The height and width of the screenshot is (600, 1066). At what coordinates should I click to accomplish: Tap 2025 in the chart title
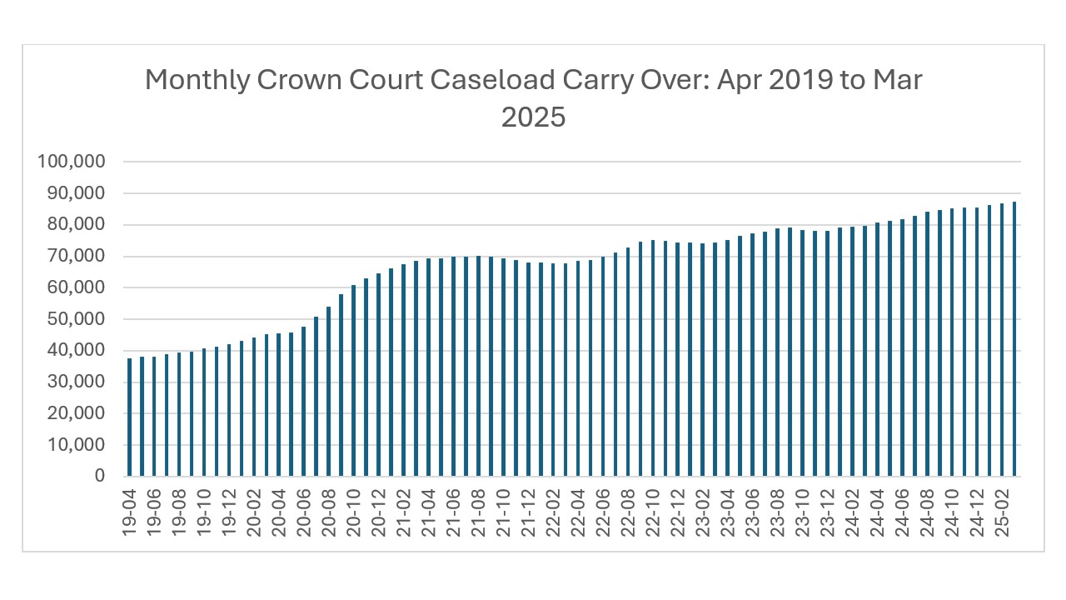pos(533,117)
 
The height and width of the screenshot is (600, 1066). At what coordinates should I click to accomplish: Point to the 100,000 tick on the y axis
pos(71,162)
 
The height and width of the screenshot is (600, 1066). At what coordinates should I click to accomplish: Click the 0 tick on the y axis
pos(100,476)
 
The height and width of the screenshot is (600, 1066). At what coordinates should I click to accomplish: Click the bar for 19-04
pos(130,417)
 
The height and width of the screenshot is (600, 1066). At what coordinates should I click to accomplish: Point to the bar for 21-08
pos(479,366)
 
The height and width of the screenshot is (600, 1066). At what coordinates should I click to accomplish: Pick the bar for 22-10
pos(653,358)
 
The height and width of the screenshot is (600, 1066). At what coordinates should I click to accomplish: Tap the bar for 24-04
pos(877,349)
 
